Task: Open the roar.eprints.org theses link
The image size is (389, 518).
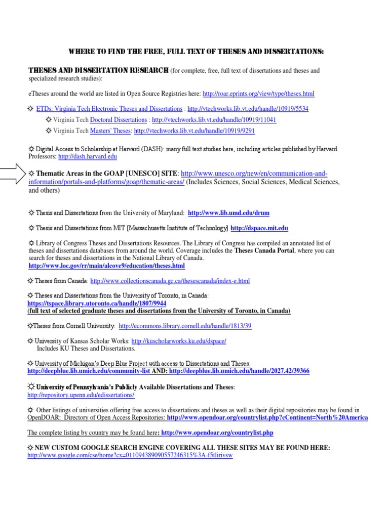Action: [258, 94]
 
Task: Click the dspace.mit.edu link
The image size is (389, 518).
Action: [259, 229]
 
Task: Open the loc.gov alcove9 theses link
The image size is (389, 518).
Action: [107, 266]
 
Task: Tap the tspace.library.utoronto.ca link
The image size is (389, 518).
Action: [96, 303]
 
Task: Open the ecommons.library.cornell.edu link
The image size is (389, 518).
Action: [185, 326]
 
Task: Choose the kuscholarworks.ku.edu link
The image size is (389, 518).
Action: [179, 341]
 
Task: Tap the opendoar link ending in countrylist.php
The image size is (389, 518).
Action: [217, 433]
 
